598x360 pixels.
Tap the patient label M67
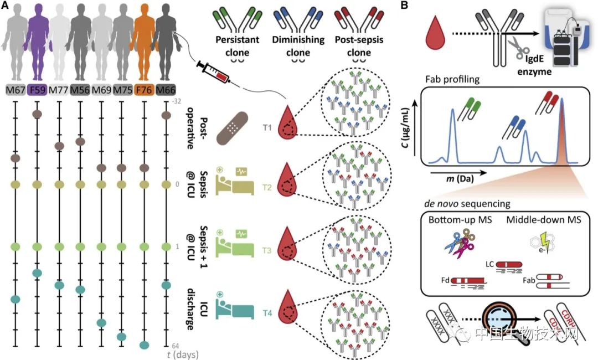pyautogui.click(x=16, y=90)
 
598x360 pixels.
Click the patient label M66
pyautogui.click(x=165, y=90)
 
